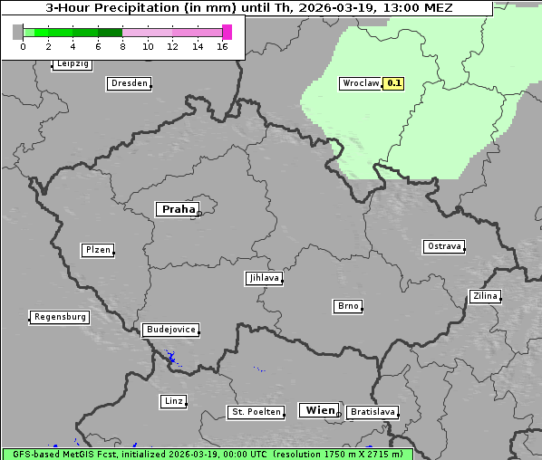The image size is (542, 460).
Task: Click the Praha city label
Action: [x=178, y=209]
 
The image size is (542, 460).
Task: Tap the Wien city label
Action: [x=319, y=410]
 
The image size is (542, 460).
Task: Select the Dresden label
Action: [x=128, y=83]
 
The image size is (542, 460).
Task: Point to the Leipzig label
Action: [x=72, y=64]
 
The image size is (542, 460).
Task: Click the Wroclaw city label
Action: [x=360, y=83]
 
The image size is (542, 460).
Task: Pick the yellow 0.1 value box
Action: [x=394, y=83]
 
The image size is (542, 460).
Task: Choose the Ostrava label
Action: [x=444, y=246]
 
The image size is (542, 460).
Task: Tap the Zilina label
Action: [x=484, y=296]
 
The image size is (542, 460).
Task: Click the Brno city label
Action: [x=348, y=306]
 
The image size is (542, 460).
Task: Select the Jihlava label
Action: [x=264, y=279]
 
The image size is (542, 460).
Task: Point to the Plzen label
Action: [x=97, y=250]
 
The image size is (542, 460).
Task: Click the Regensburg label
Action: [x=60, y=317]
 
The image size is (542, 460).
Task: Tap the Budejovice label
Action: [x=170, y=330]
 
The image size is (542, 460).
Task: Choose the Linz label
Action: [x=173, y=401]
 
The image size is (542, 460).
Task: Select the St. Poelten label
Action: [x=256, y=412]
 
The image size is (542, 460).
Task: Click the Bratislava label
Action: [x=373, y=412]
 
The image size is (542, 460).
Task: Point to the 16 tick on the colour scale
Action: [x=222, y=46]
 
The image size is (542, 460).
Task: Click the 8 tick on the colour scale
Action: [x=122, y=46]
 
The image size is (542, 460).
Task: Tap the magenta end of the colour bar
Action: [x=227, y=32]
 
